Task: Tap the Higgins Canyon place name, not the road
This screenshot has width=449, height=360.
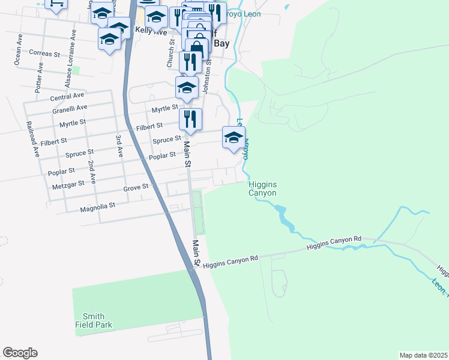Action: [262, 189]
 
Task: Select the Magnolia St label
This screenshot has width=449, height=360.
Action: [97, 207]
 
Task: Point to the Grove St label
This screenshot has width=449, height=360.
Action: [136, 187]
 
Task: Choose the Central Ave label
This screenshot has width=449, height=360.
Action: [67, 96]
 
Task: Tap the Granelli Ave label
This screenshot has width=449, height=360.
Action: [70, 108]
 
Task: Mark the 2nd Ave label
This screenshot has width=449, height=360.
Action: [91, 172]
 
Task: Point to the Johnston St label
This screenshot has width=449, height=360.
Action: [208, 77]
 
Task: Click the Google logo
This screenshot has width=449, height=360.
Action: [20, 353]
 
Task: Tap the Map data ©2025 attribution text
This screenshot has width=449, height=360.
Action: [423, 355]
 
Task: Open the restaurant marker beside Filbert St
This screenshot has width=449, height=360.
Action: [190, 119]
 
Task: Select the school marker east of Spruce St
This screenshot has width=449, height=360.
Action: [234, 137]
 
